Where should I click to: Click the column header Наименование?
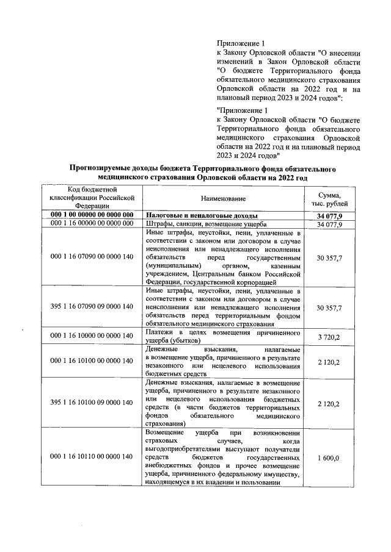tap(222, 199)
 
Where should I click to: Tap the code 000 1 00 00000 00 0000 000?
tap(92, 216)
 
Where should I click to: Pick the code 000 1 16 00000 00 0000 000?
tap(92, 224)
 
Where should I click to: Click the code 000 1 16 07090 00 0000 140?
tap(92, 258)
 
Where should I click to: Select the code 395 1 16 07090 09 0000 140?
tap(92, 307)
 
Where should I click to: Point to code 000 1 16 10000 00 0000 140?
tap(92, 336)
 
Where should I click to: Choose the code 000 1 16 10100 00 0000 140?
tap(92, 360)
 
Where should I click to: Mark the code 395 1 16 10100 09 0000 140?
tap(92, 403)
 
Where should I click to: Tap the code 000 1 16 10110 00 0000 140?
tap(92, 457)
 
